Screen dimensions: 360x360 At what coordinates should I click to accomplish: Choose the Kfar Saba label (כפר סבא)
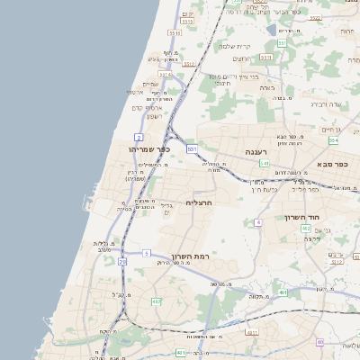(333, 164)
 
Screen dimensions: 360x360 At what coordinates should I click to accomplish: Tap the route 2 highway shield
(139, 136)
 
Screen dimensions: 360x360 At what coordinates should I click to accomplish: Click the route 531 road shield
(192, 148)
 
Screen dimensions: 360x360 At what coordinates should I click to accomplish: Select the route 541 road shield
(264, 164)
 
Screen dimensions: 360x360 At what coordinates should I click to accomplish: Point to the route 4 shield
(258, 221)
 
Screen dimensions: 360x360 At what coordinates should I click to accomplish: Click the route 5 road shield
(146, 254)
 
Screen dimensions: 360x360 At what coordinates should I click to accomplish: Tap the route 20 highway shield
(122, 261)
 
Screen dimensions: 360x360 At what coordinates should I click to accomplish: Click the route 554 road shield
(333, 141)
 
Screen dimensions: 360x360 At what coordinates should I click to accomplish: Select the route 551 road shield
(282, 42)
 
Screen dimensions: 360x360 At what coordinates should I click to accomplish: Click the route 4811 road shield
(252, 332)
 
